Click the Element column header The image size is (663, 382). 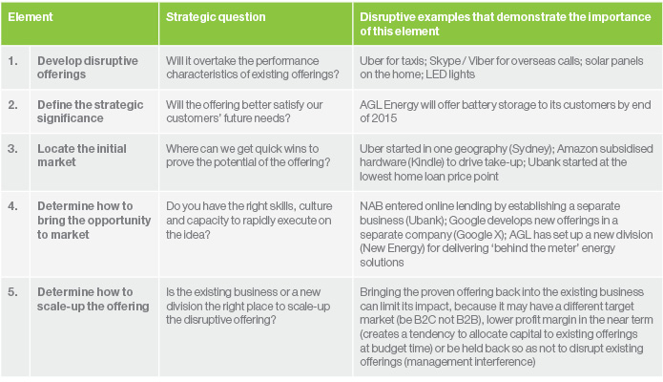tap(30, 17)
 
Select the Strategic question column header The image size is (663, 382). tap(216, 17)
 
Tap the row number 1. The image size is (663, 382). tap(13, 61)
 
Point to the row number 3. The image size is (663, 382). tap(13, 149)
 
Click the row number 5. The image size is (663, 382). tap(13, 292)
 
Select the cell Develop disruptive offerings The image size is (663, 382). tap(88, 68)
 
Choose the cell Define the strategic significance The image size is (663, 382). tap(90, 112)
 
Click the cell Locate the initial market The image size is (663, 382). tap(82, 156)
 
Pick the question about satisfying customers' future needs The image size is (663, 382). tap(244, 112)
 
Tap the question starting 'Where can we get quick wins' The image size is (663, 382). tap(248, 156)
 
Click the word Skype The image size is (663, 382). tap(445, 61)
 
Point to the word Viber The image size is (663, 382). tap(481, 61)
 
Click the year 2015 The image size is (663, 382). tap(384, 118)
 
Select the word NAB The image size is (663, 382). tap(371, 206)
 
